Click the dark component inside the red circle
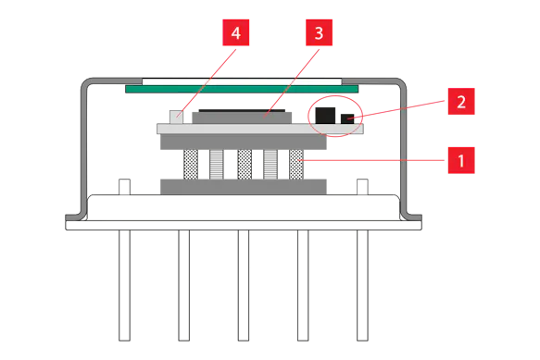tap(330, 113)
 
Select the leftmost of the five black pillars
tap(188, 164)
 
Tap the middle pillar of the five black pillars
tap(244, 164)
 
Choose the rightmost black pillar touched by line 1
tap(298, 164)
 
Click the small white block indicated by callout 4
tap(177, 117)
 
